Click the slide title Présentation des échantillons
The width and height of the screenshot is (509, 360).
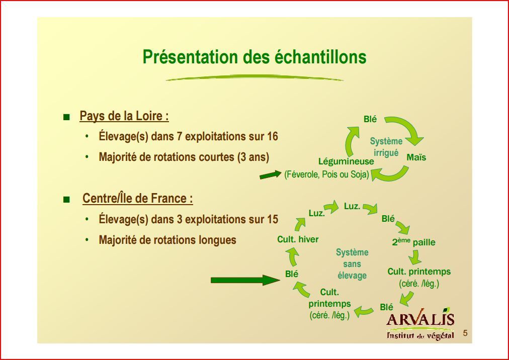pyautogui.click(x=254, y=57)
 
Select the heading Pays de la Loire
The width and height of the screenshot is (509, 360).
pyautogui.click(x=124, y=116)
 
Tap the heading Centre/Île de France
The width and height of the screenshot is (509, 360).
pyautogui.click(x=138, y=198)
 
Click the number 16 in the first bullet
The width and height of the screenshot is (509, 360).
pyautogui.click(x=272, y=136)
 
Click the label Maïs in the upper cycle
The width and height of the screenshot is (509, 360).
pyautogui.click(x=416, y=157)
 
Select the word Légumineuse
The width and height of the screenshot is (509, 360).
pyautogui.click(x=346, y=161)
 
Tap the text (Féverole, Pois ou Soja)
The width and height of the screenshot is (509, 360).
pyautogui.click(x=326, y=174)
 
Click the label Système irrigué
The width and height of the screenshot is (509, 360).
pyautogui.click(x=386, y=147)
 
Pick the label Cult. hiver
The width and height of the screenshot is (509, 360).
pyautogui.click(x=298, y=239)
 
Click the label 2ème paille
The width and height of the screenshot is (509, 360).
pyautogui.click(x=413, y=242)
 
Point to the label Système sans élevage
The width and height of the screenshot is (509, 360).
pyautogui.click(x=352, y=264)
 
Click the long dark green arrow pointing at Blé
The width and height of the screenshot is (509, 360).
pyautogui.click(x=245, y=280)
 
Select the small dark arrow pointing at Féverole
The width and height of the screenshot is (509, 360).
pyautogui.click(x=271, y=174)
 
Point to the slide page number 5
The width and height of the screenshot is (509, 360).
pyautogui.click(x=465, y=333)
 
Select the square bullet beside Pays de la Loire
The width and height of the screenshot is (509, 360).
pyautogui.click(x=66, y=117)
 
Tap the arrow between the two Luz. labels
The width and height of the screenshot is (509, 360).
pyautogui.click(x=331, y=207)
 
